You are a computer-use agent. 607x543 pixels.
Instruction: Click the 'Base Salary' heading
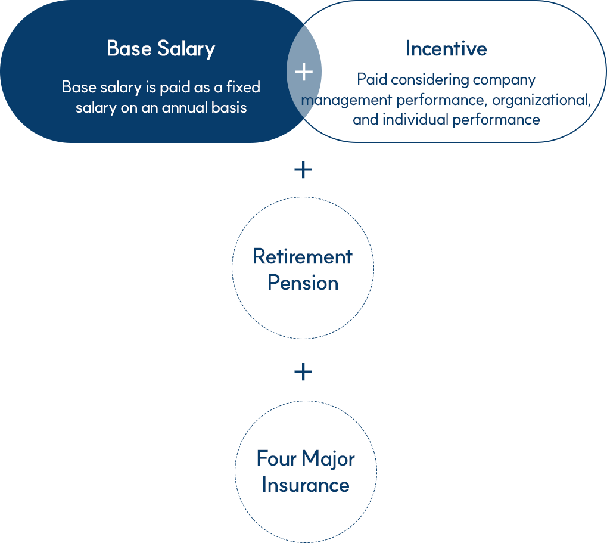point(161,49)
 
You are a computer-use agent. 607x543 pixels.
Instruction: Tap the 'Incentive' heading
point(446,49)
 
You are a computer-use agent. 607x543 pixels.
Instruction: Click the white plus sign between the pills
point(304,72)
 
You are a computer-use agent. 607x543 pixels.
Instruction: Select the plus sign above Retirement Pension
point(303,170)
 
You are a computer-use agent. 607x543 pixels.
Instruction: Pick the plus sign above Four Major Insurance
point(303,372)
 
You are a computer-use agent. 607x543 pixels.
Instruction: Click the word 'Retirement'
point(303,256)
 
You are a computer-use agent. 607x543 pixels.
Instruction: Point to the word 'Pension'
point(303,283)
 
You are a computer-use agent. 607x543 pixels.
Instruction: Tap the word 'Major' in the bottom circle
point(328,460)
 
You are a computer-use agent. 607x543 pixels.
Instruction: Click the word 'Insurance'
point(306,485)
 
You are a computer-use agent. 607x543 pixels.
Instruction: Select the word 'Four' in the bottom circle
point(276,458)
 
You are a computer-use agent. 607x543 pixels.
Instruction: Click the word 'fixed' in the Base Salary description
point(243,87)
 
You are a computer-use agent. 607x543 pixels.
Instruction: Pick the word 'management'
point(347,101)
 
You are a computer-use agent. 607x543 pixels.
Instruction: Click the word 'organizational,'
point(541,101)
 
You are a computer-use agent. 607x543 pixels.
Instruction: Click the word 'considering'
point(427,80)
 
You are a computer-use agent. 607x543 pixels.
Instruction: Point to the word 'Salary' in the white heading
point(186,49)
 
